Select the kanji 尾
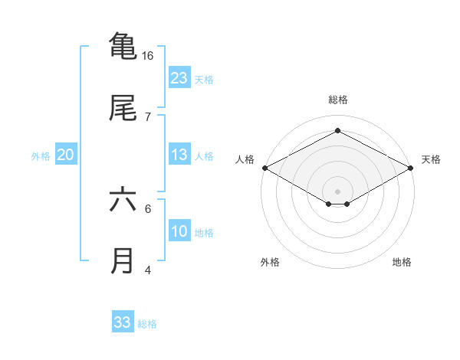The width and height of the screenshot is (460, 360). [x=123, y=108]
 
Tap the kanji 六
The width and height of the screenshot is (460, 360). [x=123, y=200]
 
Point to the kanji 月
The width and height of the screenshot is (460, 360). [x=123, y=261]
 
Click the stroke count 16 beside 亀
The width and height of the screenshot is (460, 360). [x=148, y=56]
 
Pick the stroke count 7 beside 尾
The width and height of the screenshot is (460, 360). [x=148, y=116]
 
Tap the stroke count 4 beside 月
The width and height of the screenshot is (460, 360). [x=148, y=270]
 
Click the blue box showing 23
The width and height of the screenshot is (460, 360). [x=179, y=78]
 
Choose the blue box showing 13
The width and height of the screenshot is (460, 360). [x=179, y=155]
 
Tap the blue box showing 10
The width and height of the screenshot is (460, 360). [x=179, y=231]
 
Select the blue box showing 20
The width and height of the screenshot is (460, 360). [x=66, y=155]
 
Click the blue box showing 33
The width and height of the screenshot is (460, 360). [x=123, y=322]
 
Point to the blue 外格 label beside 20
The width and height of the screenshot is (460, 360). [x=41, y=156]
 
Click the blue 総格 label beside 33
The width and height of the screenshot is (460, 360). [x=147, y=324]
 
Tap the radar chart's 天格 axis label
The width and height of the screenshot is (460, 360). [x=431, y=159]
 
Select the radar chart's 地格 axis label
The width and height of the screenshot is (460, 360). [x=402, y=262]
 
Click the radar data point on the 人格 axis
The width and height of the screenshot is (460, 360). [x=264, y=168]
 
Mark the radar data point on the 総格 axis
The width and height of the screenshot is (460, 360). [x=337, y=131]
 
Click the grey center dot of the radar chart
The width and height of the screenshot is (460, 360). [x=337, y=190]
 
